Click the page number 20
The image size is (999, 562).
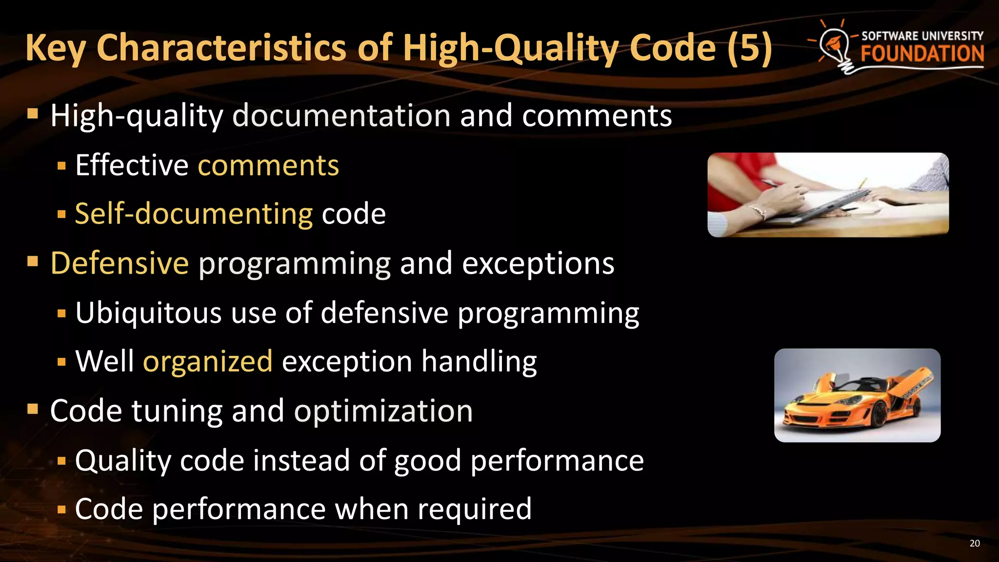click(x=974, y=543)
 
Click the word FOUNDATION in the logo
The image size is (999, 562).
click(x=922, y=54)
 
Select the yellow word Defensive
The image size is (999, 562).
click(x=120, y=263)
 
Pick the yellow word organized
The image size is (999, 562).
click(x=207, y=361)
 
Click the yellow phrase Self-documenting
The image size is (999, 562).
click(x=194, y=214)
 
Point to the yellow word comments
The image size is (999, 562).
click(x=268, y=165)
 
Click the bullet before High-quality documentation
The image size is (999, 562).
click(x=33, y=115)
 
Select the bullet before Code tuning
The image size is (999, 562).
click(x=33, y=409)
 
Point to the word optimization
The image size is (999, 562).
click(x=383, y=411)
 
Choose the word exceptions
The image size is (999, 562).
click(x=538, y=264)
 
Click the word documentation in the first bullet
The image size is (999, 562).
click(x=341, y=116)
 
